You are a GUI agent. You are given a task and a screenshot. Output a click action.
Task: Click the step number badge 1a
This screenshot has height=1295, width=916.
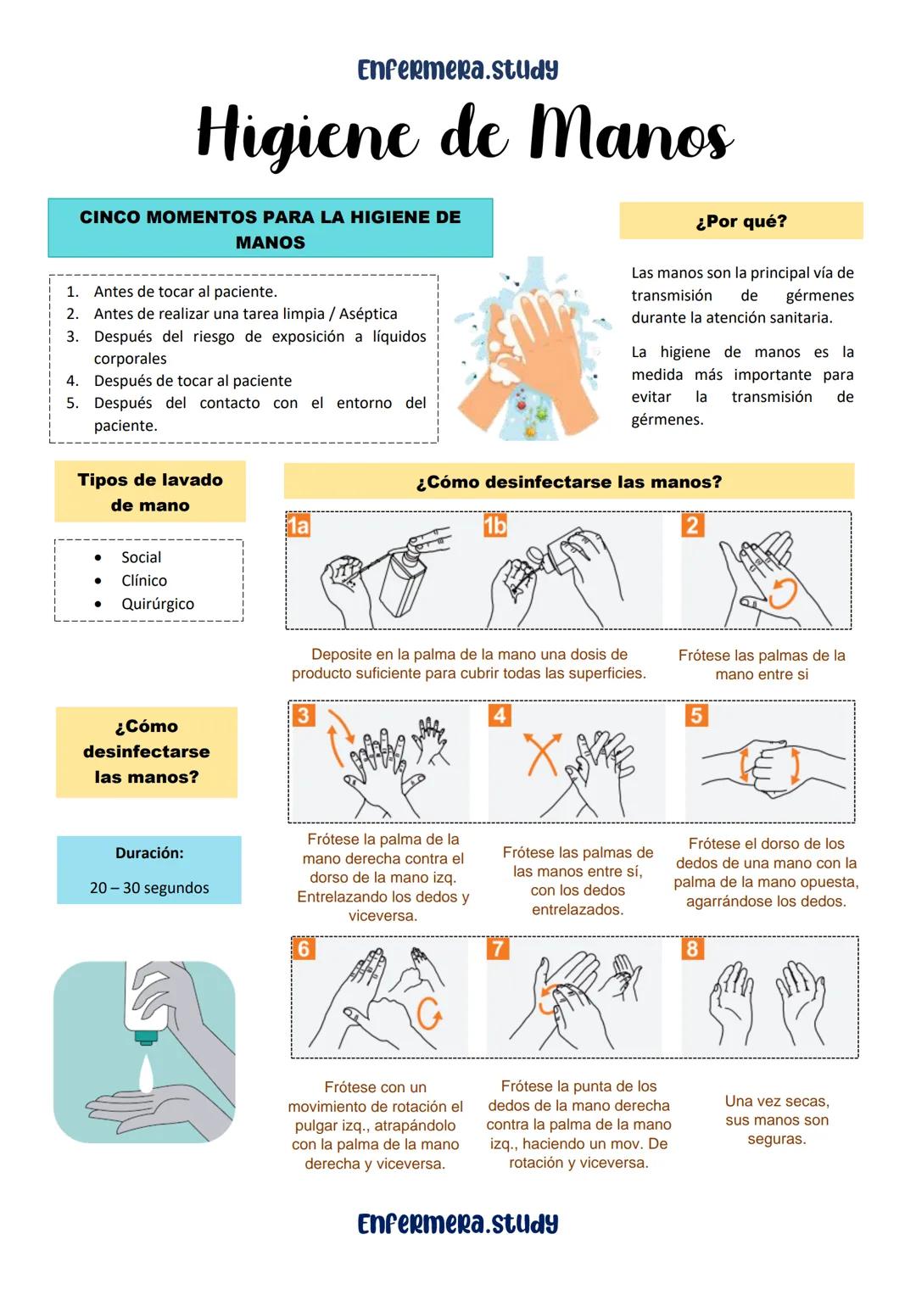(299, 527)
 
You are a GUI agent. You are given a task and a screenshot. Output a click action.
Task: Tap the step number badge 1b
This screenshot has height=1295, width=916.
(494, 527)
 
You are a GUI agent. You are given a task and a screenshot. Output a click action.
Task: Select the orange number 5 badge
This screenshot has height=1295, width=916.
(696, 715)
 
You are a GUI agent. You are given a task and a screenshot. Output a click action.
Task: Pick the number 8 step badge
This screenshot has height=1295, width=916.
(692, 948)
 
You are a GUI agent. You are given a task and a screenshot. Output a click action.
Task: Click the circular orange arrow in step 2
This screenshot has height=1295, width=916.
(782, 594)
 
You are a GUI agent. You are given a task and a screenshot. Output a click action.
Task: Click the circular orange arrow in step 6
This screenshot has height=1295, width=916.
(429, 1013)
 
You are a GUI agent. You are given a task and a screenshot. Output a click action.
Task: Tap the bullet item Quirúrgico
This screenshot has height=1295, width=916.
(157, 604)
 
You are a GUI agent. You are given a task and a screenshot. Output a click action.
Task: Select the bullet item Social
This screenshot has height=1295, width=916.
(141, 557)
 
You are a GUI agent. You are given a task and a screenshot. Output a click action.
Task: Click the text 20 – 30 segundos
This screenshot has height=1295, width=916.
(149, 888)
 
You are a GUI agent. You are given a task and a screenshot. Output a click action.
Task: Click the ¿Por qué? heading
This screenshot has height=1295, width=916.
(740, 221)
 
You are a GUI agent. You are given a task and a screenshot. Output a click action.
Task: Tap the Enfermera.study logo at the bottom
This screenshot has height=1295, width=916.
(458, 1224)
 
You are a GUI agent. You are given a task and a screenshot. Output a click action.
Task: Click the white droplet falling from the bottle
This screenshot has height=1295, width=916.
(146, 1073)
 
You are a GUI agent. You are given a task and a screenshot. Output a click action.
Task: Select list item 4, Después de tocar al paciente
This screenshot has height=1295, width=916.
(193, 381)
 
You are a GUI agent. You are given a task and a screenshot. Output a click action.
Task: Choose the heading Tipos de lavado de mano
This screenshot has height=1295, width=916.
(150, 492)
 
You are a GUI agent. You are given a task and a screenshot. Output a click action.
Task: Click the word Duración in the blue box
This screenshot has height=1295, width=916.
(149, 853)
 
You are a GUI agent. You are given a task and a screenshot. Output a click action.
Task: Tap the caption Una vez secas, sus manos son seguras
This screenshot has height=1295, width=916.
(777, 1119)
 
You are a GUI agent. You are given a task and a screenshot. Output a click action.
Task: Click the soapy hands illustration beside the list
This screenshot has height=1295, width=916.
(530, 349)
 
